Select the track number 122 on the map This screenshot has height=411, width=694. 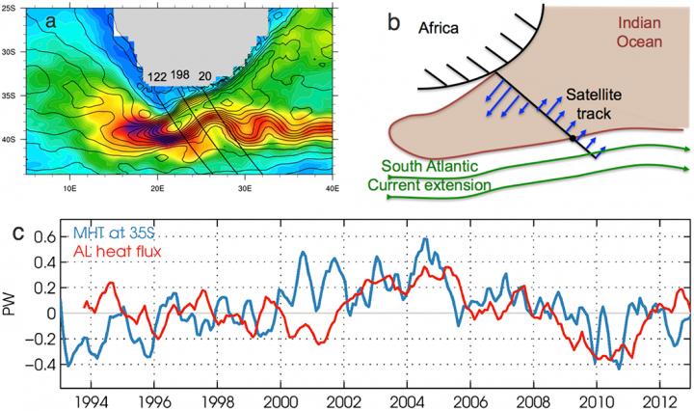pyautogui.click(x=156, y=74)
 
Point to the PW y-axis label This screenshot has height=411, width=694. pyautogui.click(x=12, y=312)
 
